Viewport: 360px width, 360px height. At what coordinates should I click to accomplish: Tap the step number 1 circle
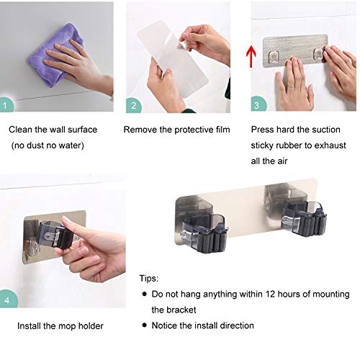[x=6, y=106]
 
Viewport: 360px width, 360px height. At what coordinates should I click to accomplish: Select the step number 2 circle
[x=133, y=106]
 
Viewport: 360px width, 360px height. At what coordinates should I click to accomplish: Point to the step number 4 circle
[x=7, y=297]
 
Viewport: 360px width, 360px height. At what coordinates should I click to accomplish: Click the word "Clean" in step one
[x=20, y=130]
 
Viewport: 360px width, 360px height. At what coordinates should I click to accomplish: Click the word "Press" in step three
[x=262, y=130]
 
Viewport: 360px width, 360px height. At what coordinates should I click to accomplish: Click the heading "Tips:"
[x=150, y=279]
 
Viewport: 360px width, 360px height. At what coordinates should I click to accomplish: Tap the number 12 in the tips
[x=278, y=294]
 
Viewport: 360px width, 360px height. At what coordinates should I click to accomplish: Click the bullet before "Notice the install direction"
[x=144, y=326]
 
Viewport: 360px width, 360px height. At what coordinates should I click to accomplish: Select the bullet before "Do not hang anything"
[x=144, y=294]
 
